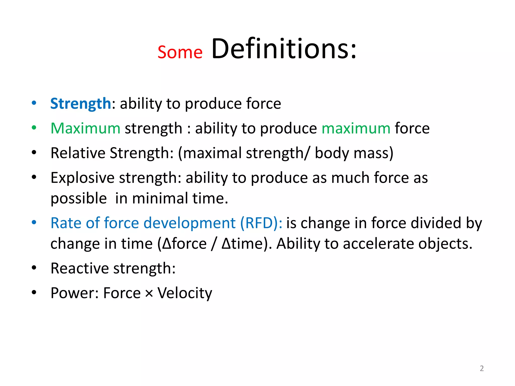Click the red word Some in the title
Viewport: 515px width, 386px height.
coord(180,52)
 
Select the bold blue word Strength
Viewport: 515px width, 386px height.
coord(80,104)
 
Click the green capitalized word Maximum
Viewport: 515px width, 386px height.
coord(85,128)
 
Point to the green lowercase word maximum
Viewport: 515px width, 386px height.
coord(356,128)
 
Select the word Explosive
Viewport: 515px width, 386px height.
coord(83,178)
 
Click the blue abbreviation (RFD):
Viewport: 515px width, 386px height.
coord(261,223)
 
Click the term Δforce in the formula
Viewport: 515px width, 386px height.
coord(184,244)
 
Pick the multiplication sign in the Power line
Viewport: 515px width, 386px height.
coord(149,293)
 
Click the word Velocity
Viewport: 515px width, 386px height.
coord(185,293)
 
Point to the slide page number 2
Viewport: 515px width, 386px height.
coord(482,368)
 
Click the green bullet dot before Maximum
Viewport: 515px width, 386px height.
coord(34,128)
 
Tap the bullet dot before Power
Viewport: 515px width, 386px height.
coord(34,293)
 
